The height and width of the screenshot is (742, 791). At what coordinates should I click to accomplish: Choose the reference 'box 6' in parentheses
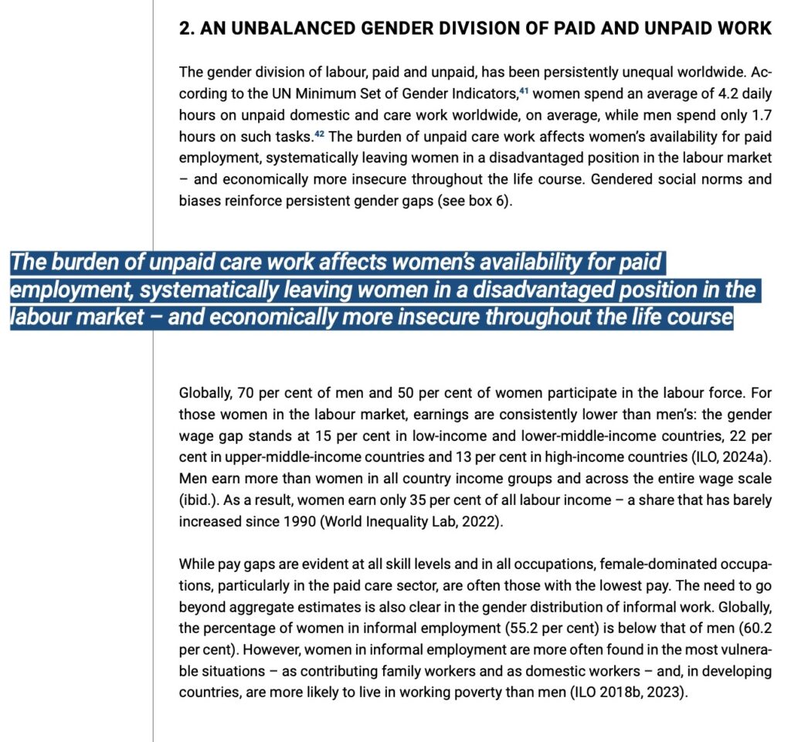pos(487,201)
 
